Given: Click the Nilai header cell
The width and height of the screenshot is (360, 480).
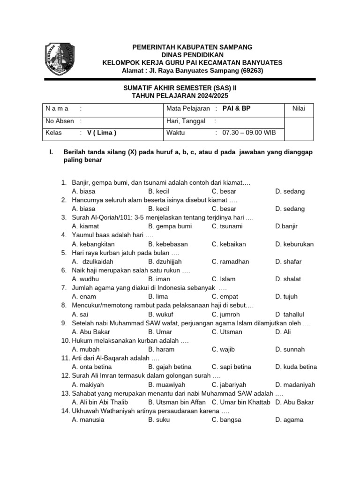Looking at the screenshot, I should [x=299, y=109].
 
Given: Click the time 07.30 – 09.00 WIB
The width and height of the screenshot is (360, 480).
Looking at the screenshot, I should [x=249, y=133].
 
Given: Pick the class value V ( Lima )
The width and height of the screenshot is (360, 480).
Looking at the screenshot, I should [x=102, y=133].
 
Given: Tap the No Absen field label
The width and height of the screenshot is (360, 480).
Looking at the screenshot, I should [x=60, y=121].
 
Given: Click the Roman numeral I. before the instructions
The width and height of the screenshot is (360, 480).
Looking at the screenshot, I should [x=52, y=152].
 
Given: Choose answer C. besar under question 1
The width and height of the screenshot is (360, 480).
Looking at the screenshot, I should [x=224, y=191].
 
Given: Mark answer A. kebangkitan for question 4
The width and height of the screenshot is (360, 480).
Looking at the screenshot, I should [x=93, y=244].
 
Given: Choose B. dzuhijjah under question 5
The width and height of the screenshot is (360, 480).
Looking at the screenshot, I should [x=165, y=262].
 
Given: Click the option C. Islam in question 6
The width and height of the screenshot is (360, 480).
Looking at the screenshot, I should [x=224, y=279].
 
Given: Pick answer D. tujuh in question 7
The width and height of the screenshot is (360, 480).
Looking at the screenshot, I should [x=286, y=297].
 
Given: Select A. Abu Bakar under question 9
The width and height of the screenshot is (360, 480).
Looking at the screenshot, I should [x=91, y=332].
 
